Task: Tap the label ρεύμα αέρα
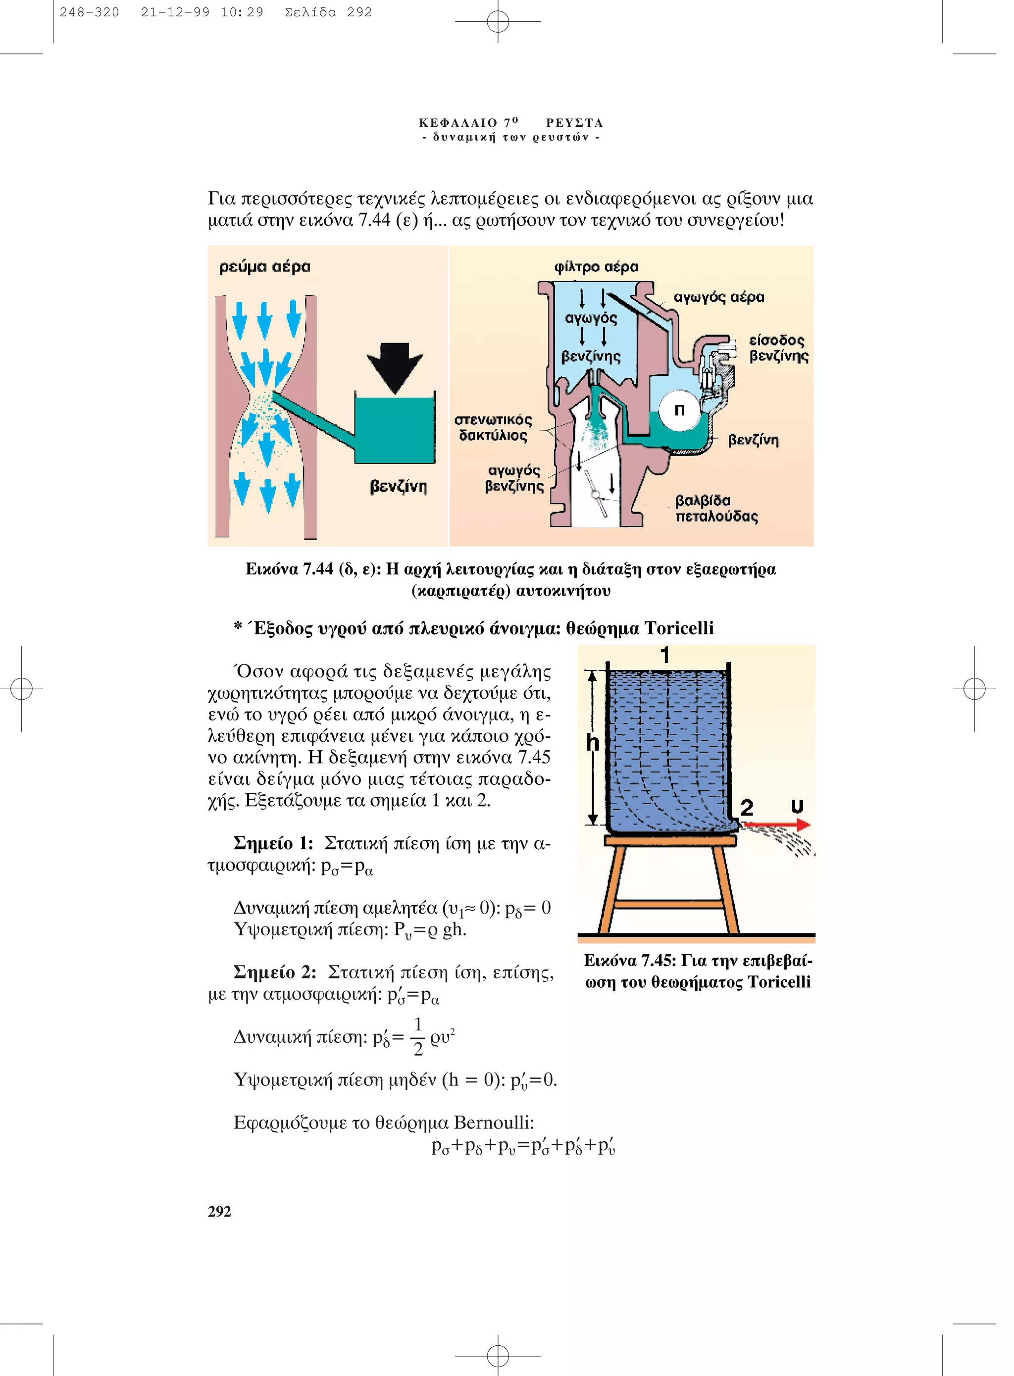264,267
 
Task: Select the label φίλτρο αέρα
596,267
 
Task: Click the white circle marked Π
679,410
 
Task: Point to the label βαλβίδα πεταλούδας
716,508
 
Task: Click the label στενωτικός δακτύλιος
493,428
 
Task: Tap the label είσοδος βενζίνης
778,348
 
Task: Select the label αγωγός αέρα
719,298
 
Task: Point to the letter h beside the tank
592,743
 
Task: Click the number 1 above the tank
665,656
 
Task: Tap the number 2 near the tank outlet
746,807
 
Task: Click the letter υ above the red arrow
797,806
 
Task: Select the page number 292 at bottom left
219,1212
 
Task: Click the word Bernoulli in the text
494,1122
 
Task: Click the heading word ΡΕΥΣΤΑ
574,123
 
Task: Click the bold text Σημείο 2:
275,973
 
